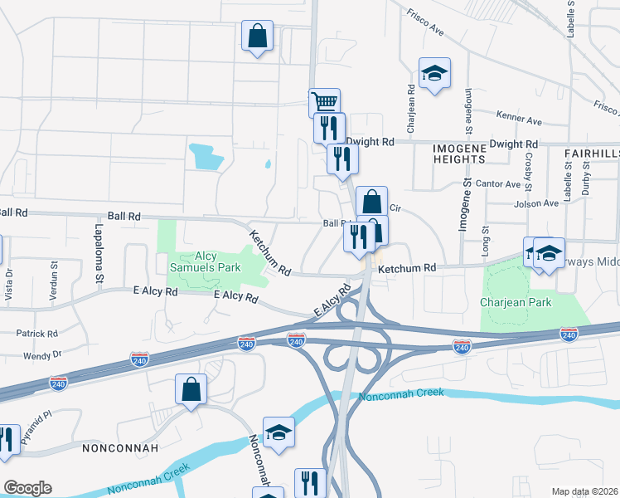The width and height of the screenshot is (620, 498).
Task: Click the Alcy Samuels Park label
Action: [x=205, y=261]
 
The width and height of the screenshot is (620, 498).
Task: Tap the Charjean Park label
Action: [x=516, y=302]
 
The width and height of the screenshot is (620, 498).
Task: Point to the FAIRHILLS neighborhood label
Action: [x=592, y=154]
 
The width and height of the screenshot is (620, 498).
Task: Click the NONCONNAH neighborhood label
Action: [x=115, y=447]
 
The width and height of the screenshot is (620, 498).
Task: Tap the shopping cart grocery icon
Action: [x=324, y=103]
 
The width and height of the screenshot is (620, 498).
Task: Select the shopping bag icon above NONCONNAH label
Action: [x=191, y=389]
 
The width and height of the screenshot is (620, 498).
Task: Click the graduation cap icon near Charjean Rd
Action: [x=434, y=73]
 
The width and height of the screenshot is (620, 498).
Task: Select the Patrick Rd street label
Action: [x=36, y=334]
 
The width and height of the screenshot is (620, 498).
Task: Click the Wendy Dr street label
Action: [x=42, y=354]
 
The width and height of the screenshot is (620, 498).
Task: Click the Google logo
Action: [x=27, y=488]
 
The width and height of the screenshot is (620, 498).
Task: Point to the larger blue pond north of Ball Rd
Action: [x=206, y=154]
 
